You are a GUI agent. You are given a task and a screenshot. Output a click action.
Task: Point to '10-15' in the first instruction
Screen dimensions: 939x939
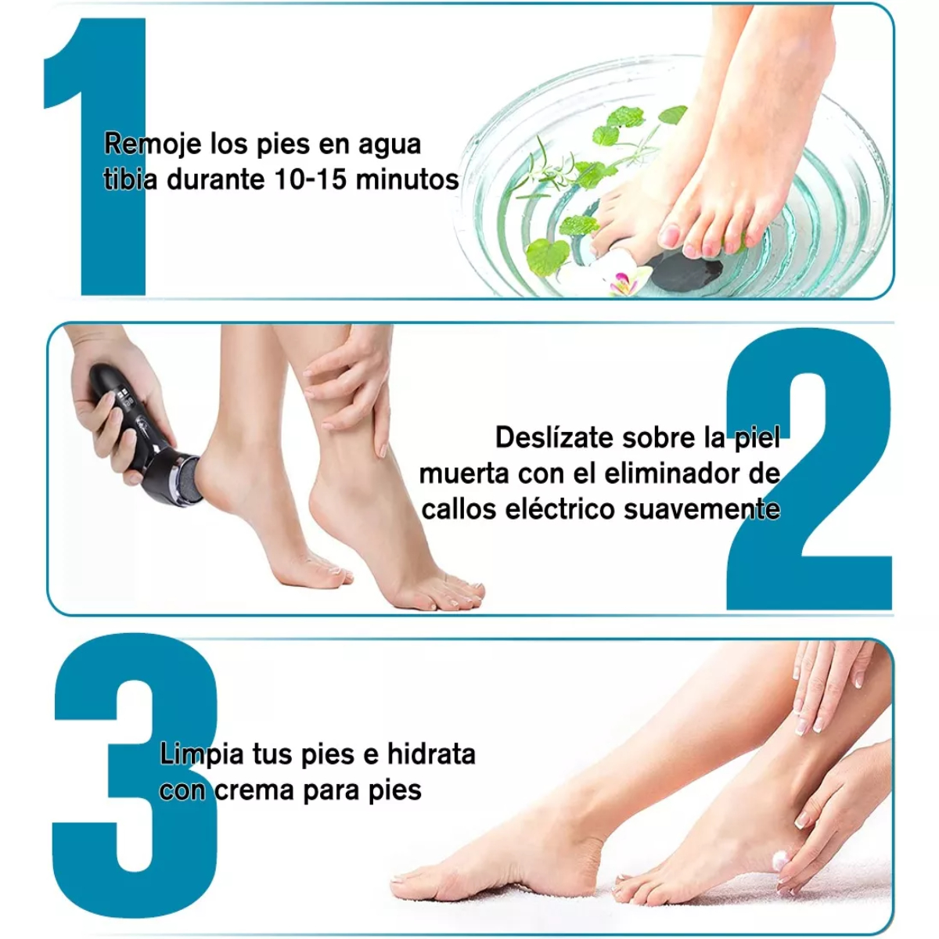tap(310, 180)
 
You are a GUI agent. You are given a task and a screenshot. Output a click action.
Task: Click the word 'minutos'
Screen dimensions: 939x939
tap(407, 180)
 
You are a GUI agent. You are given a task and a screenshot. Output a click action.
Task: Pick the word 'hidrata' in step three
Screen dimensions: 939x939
tap(431, 754)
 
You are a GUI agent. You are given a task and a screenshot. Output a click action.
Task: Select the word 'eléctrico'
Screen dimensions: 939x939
tap(560, 509)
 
